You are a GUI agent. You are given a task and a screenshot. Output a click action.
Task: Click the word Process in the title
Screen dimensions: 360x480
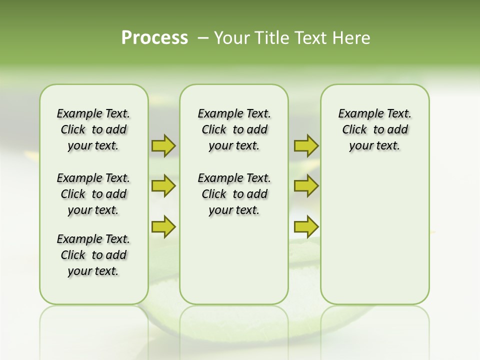point(154,37)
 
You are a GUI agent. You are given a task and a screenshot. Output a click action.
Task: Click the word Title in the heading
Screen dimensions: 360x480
point(270,38)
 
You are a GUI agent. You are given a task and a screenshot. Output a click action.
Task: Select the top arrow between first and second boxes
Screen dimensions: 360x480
point(163,145)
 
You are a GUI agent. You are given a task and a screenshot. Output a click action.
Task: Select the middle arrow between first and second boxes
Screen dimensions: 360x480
point(163,186)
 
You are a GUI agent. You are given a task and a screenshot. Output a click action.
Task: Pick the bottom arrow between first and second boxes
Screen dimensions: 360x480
point(163,226)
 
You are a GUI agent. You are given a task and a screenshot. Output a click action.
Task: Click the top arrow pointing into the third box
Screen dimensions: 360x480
point(306,145)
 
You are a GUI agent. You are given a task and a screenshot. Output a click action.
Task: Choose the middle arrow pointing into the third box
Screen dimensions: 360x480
point(306,186)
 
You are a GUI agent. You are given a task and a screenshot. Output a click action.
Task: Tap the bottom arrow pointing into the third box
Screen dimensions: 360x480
point(306,226)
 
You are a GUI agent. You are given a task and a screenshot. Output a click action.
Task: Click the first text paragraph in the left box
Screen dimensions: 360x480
point(93,129)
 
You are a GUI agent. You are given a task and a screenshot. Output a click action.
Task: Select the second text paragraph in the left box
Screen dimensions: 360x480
point(93,194)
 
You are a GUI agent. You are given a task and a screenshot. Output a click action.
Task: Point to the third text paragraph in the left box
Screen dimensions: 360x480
point(93,255)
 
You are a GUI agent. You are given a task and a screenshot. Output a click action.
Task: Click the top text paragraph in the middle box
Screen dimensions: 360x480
point(234,129)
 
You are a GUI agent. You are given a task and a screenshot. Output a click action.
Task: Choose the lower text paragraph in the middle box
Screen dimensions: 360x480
point(234,194)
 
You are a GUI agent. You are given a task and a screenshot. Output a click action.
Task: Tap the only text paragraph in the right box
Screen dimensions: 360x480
point(374,129)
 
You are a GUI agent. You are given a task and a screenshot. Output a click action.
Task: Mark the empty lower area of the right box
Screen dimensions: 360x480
point(374,235)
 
